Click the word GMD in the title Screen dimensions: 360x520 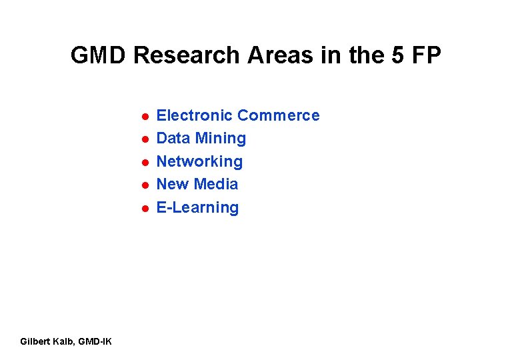pyautogui.click(x=99, y=55)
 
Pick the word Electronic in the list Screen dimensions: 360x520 pyautogui.click(x=194, y=115)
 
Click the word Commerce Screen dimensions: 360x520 pyautogui.click(x=278, y=115)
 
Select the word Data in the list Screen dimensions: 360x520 pyautogui.click(x=173, y=138)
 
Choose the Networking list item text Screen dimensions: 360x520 pyautogui.click(x=199, y=161)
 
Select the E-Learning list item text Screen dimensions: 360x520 pyautogui.click(x=197, y=207)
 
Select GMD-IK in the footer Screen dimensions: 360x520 pyautogui.click(x=95, y=342)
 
